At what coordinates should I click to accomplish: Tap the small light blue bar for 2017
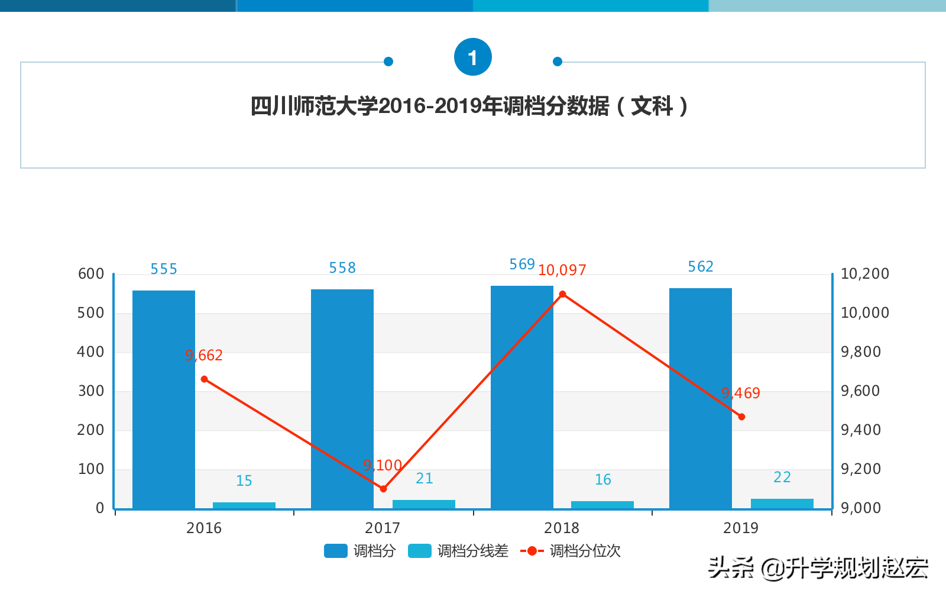pyautogui.click(x=424, y=504)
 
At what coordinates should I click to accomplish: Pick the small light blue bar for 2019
pyautogui.click(x=782, y=504)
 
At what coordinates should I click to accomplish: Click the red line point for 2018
pyautogui.click(x=562, y=294)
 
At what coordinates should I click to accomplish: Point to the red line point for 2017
pyautogui.click(x=383, y=489)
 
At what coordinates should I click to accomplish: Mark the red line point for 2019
pyautogui.click(x=741, y=417)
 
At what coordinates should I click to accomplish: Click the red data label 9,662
pyautogui.click(x=204, y=355)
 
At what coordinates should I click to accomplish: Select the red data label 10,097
pyautogui.click(x=562, y=270)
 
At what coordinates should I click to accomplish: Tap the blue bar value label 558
pyautogui.click(x=342, y=268)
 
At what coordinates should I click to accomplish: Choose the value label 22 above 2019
pyautogui.click(x=782, y=477)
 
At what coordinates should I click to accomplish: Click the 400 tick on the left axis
pyautogui.click(x=90, y=352)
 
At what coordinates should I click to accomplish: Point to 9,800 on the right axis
pyautogui.click(x=861, y=352)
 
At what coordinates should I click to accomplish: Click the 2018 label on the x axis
pyautogui.click(x=562, y=528)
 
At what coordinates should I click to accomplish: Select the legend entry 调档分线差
pyautogui.click(x=459, y=551)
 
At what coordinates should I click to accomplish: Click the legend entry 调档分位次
pyautogui.click(x=571, y=551)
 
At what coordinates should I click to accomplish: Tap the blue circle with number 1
pyautogui.click(x=472, y=57)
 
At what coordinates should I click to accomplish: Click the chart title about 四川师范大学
pyautogui.click(x=469, y=107)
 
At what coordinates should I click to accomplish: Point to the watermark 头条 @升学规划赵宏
pyautogui.click(x=818, y=568)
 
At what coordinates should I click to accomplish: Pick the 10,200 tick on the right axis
pyautogui.click(x=864, y=274)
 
